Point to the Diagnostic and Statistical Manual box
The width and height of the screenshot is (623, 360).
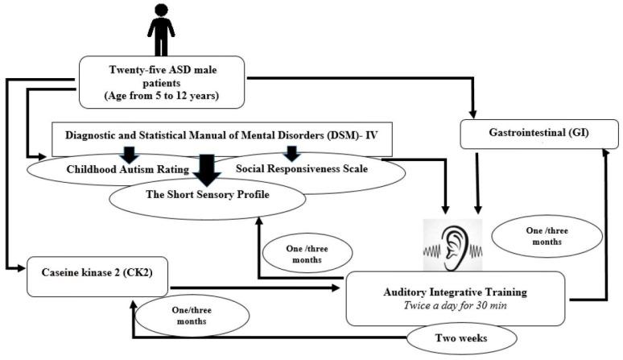coord(221,138)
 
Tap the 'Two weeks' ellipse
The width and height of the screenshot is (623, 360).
coord(457,339)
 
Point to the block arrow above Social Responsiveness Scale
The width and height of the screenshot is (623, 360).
coord(291,153)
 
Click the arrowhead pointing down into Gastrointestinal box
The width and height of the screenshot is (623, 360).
coord(473,110)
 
